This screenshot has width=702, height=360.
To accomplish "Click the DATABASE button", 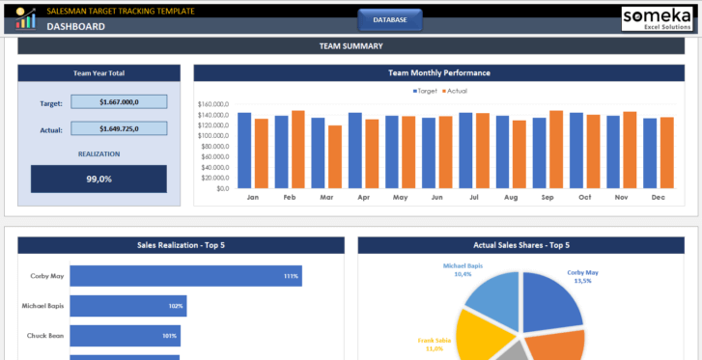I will coord(389,19).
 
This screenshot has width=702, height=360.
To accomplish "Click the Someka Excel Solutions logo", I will coord(660,17).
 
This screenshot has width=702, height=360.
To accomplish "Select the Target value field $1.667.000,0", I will coord(132,101).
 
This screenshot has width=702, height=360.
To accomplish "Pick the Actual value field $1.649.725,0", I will coord(132,128).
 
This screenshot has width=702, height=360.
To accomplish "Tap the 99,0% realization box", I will coord(98,179).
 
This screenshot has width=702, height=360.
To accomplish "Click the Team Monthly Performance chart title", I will coord(439,72).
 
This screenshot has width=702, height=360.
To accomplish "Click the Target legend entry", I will coord(425,91).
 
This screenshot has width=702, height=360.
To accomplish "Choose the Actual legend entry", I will coord(454,91).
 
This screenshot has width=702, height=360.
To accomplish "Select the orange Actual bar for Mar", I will coord(335,156).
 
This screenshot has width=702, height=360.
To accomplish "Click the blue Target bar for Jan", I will coord(244,151).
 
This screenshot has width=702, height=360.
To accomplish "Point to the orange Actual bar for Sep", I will coord(556,150).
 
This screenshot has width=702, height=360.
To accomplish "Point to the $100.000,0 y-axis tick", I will coord(211,135).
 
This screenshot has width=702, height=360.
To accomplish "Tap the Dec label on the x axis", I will coord(658,197).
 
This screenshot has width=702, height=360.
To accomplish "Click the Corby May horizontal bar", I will coord(185,277).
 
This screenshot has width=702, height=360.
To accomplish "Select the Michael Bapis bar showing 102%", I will coord(127,306).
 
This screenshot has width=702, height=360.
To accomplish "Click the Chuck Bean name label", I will coord(45,336).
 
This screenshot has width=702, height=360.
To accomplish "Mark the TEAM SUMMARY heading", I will coord(351,46).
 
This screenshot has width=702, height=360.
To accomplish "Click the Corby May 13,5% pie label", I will coord(581,276).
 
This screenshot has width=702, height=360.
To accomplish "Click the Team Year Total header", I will coord(98,73).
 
